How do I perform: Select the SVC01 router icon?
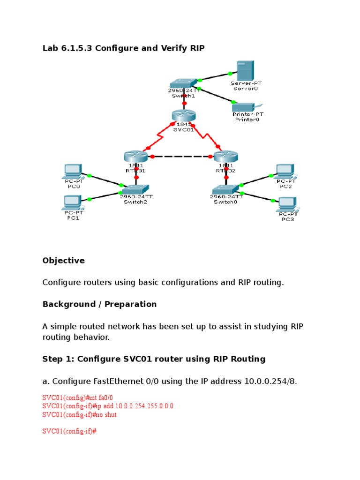(183, 116)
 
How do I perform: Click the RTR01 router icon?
(136, 157)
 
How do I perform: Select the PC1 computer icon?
(72, 202)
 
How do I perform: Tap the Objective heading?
(63, 261)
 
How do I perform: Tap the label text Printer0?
(247, 120)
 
